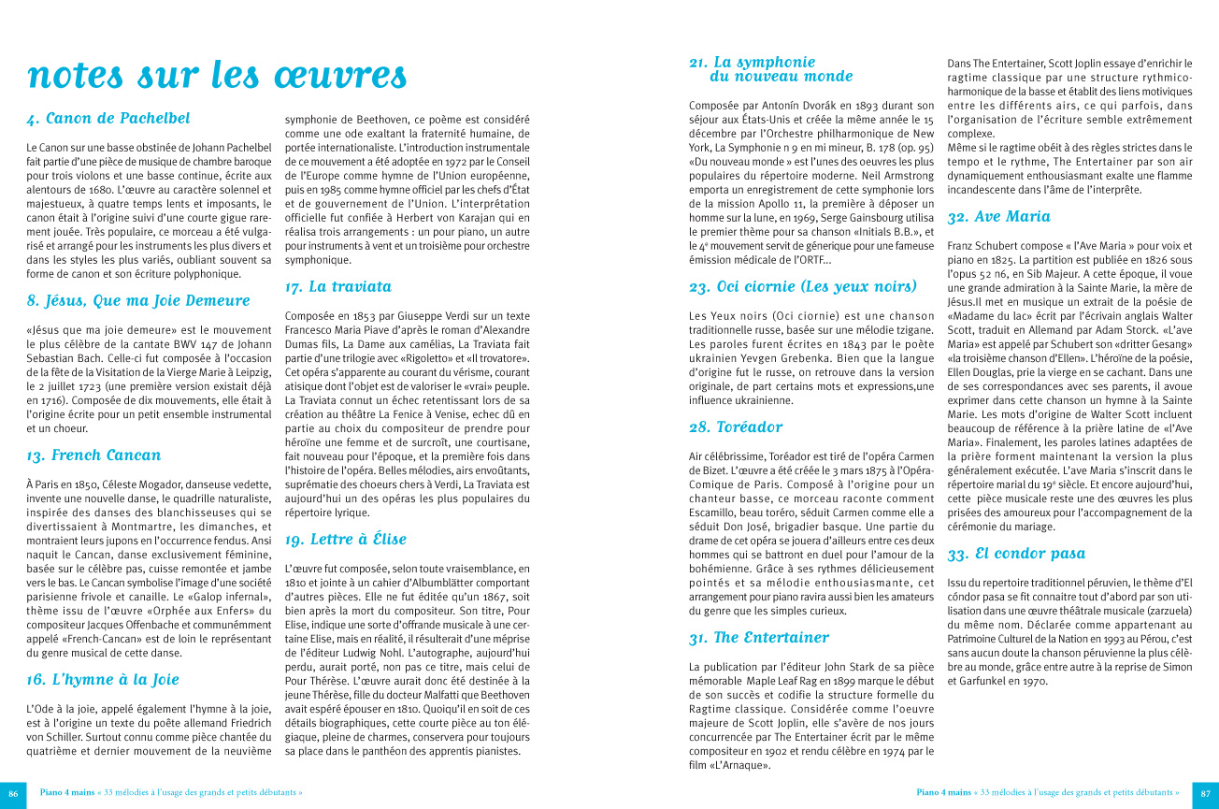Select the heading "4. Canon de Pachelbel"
coord(108,119)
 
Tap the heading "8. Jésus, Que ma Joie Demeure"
coord(138,301)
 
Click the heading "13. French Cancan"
coord(93,455)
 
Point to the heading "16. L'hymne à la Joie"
coord(103,680)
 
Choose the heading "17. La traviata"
coord(337,287)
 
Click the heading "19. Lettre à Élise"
coord(345,540)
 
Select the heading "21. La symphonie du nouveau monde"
coord(770,69)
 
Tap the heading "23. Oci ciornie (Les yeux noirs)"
coord(802,287)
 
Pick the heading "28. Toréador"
coord(736,427)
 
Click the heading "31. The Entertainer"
coord(758,638)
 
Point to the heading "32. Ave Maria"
coord(998,217)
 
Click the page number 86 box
coord(13,792)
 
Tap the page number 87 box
coord(1205,792)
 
